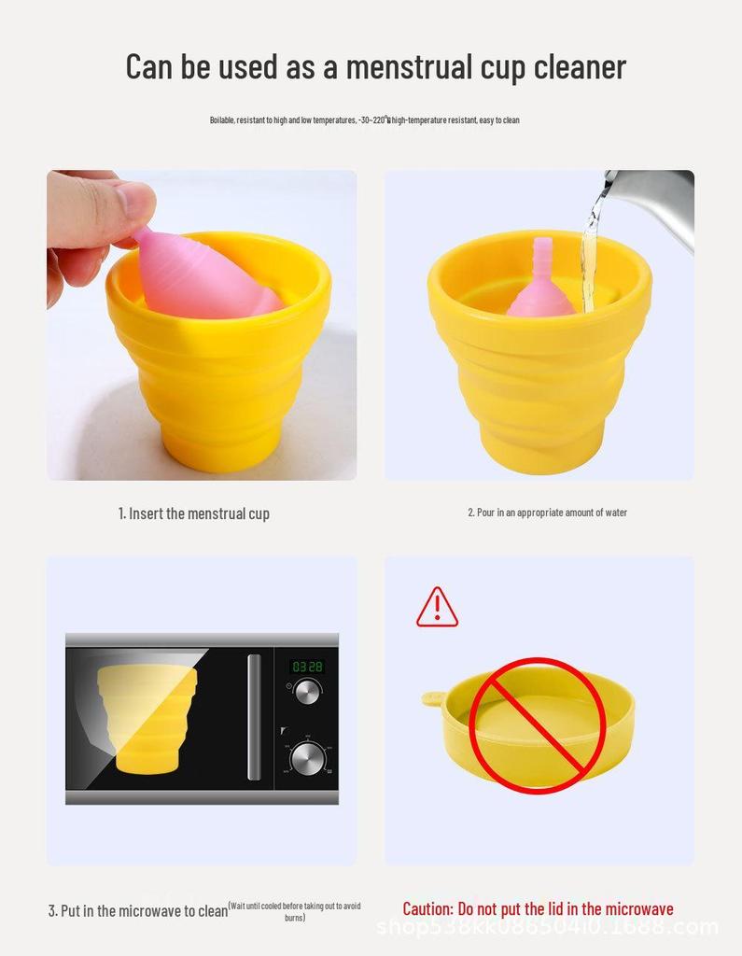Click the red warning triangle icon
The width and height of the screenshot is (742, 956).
point(437,608)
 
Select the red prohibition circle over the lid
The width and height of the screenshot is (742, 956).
point(538,725)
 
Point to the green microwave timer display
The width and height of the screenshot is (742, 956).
point(307,667)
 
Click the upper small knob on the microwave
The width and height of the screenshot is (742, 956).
point(307,692)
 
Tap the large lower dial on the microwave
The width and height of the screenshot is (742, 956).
point(308,756)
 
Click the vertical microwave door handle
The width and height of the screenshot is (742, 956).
point(254,717)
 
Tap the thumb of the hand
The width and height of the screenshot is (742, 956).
point(121,201)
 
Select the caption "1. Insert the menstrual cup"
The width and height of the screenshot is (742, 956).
point(194,513)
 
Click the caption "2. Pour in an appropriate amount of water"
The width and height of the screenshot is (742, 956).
point(547,513)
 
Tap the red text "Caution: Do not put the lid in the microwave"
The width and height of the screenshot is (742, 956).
point(538,909)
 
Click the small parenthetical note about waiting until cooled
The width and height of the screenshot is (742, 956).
point(295,911)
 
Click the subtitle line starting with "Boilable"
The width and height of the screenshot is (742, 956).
point(364,120)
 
